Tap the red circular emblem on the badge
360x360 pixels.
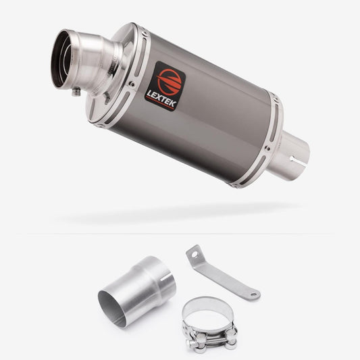coord(170,82)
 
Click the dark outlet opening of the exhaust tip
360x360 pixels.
coord(60,59)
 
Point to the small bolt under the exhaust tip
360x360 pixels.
coord(76,92)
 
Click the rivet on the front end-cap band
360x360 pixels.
coord(132,84)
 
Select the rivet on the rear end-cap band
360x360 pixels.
coord(267,149)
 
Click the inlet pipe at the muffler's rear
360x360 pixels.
coord(292,156)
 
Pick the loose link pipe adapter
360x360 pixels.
coord(137,292)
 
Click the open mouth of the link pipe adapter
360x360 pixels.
coord(112,308)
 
